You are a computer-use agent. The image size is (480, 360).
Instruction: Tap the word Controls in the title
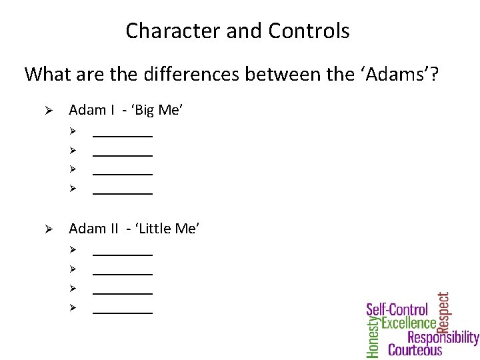[x=309, y=31]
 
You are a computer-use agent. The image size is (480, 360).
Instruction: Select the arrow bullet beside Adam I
[x=47, y=111]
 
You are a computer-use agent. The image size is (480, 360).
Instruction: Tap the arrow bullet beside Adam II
[x=47, y=229]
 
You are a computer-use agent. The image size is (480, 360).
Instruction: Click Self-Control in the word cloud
[x=397, y=310]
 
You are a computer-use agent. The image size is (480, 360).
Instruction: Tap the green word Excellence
[x=409, y=323]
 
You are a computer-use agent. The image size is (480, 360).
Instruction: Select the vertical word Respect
[x=443, y=311]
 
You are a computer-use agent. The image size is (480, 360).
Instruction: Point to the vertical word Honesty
[x=373, y=337]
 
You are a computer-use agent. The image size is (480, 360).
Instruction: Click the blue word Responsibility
[x=443, y=337]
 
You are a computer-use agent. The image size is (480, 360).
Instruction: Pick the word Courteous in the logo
[x=415, y=350]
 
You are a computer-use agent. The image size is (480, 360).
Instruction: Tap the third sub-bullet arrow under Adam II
[x=73, y=288]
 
